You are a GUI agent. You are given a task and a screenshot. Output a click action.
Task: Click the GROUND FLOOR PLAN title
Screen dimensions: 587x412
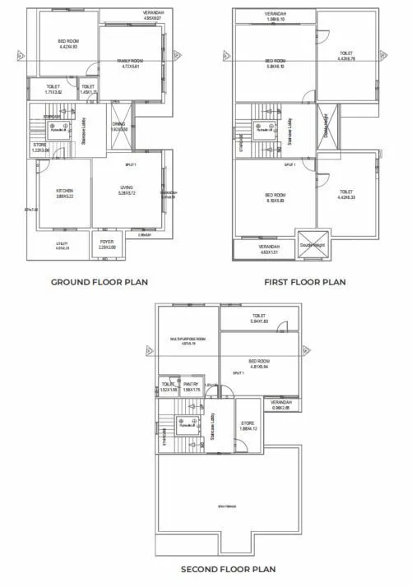[100, 282]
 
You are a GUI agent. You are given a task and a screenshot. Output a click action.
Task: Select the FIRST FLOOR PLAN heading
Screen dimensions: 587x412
[304, 282]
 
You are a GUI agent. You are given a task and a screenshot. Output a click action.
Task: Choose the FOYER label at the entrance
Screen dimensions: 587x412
[108, 242]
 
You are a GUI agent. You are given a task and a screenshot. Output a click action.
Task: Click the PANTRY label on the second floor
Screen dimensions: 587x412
[192, 384]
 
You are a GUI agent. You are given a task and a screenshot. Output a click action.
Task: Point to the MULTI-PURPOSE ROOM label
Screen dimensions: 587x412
[187, 339]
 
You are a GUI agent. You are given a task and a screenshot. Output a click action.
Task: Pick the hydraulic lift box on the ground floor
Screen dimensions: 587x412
[56, 130]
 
